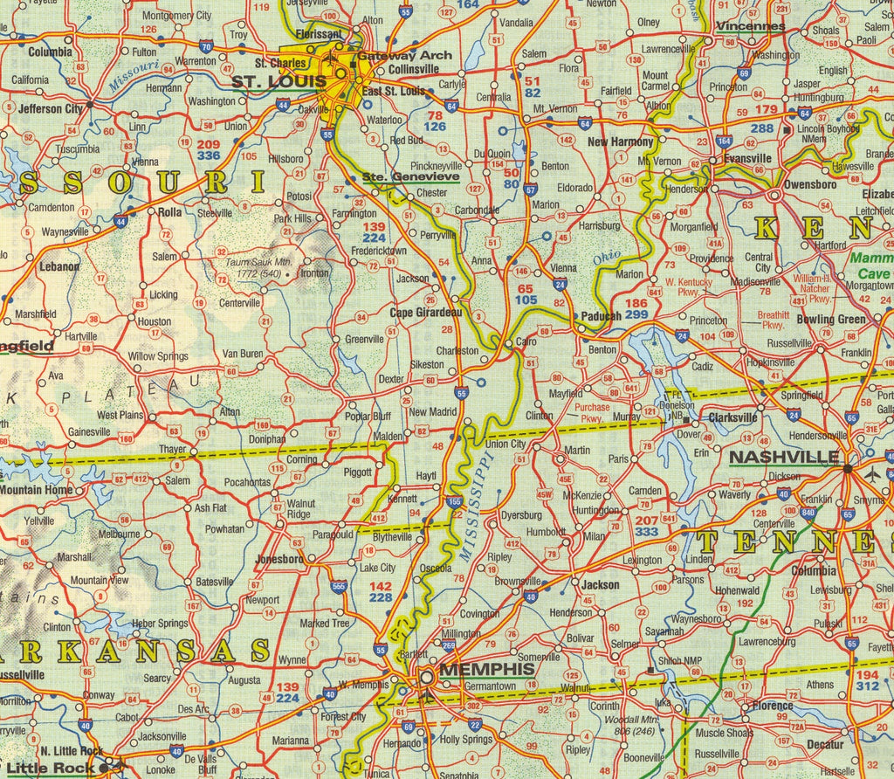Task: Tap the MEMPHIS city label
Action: pyautogui.click(x=486, y=670)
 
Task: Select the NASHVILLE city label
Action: pyautogui.click(x=784, y=457)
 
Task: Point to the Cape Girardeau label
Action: pyautogui.click(x=425, y=313)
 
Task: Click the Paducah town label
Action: pyautogui.click(x=601, y=317)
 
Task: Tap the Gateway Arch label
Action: pyautogui.click(x=405, y=55)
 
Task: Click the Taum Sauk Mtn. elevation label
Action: pyautogui.click(x=258, y=267)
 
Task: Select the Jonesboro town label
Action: pyautogui.click(x=279, y=559)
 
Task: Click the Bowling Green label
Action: pyautogui.click(x=831, y=320)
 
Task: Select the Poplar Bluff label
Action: pyautogui.click(x=368, y=416)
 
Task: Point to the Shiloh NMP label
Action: pyautogui.click(x=681, y=661)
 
